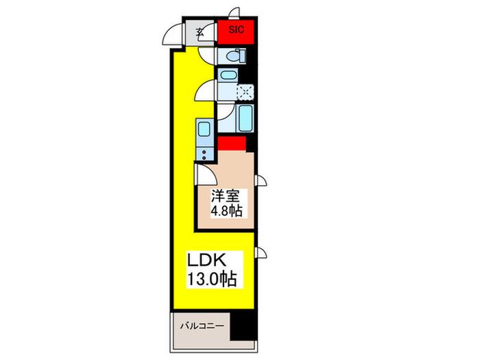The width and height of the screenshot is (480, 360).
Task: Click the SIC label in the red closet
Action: click(237, 29)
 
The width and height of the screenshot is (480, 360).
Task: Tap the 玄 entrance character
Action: click(200, 32)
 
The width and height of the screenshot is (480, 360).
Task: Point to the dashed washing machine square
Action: click(245, 91)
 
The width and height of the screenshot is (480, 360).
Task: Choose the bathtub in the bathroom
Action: click(245, 118)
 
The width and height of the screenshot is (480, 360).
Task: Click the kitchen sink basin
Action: click(204, 130)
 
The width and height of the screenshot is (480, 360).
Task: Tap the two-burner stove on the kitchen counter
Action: click(204, 154)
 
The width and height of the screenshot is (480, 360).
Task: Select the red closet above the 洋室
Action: click(232, 143)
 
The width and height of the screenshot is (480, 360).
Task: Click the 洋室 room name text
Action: click(225, 196)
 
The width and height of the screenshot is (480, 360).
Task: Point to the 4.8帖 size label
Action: click(226, 211)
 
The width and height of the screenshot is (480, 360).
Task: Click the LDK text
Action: click(206, 261)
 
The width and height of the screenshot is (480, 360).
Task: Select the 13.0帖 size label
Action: click(212, 278)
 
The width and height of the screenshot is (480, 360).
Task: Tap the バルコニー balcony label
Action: click(202, 326)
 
